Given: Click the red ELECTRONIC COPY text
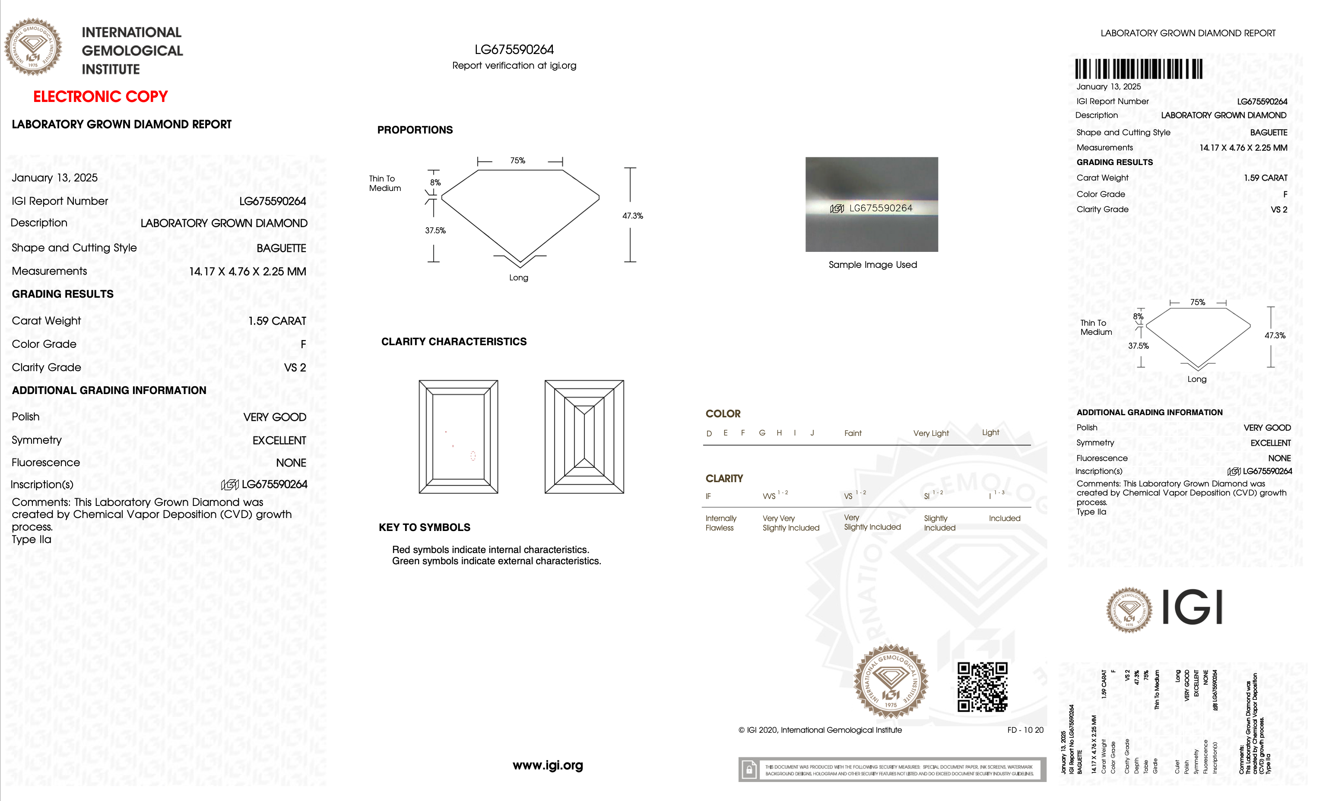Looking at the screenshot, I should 100,96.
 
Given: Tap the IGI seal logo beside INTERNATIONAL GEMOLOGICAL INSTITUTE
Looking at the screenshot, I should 33,48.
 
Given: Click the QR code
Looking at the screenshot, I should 982,687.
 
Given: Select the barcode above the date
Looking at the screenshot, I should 1139,69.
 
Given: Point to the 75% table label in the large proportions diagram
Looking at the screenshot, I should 518,160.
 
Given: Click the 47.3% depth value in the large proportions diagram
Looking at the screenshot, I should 632,216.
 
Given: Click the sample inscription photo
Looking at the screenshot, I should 871,204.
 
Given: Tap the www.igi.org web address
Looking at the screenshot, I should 547,765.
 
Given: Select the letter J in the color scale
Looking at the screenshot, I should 812,433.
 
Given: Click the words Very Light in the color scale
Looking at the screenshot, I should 931,433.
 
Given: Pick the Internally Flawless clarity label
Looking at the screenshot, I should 720,523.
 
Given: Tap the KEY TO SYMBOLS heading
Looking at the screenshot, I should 424,527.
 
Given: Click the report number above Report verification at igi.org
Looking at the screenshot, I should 514,50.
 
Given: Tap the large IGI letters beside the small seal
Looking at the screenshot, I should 1192,607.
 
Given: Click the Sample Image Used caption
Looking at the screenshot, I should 872,265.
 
